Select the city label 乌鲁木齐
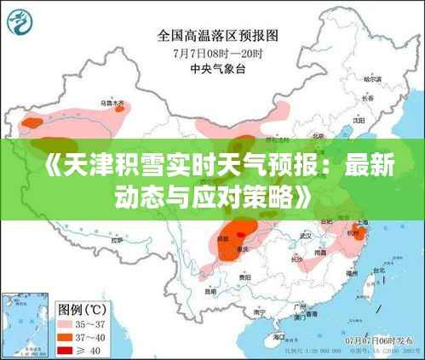[112, 103]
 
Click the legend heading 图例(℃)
[83, 307]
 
